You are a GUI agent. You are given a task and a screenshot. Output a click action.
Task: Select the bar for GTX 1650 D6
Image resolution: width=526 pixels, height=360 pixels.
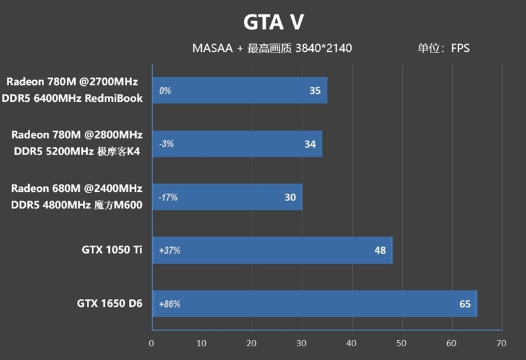pos(314,304)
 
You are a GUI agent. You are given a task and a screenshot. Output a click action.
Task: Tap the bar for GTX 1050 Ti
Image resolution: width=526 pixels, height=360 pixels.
pos(272,250)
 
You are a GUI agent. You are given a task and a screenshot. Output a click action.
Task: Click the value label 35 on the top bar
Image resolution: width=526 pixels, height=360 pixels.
pos(315,91)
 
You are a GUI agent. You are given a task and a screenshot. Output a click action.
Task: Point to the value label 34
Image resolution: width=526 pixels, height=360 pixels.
pos(310,144)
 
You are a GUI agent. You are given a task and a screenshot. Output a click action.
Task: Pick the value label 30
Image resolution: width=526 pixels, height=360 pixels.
pos(290,197)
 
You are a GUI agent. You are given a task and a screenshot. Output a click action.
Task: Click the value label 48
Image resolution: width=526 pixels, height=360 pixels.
pos(380,250)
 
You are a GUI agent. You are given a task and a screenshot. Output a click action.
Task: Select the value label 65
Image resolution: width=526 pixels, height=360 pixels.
pos(465,304)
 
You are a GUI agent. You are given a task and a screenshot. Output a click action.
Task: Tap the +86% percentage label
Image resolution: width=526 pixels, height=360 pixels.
pos(170,304)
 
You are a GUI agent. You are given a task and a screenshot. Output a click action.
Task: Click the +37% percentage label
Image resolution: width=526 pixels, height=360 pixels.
pos(170,250)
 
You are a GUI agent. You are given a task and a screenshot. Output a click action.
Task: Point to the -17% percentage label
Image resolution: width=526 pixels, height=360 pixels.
pos(168,197)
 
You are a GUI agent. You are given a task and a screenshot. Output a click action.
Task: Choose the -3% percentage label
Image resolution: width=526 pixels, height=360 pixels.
pos(166,144)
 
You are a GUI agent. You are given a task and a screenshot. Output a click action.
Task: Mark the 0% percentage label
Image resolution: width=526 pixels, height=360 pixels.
pos(165,91)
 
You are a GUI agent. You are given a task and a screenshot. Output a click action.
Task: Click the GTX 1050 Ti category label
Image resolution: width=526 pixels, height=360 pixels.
pos(112,250)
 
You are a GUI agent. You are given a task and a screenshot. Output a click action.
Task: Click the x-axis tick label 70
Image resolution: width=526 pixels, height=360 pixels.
pos(501,343)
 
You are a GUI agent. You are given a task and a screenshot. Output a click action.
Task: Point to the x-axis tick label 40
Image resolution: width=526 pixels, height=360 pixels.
pos(351,343)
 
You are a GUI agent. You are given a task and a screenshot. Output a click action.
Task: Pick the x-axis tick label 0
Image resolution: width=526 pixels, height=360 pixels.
pos(152,343)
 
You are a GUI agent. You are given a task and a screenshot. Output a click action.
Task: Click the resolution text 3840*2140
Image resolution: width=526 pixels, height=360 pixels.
pos(324,48)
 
